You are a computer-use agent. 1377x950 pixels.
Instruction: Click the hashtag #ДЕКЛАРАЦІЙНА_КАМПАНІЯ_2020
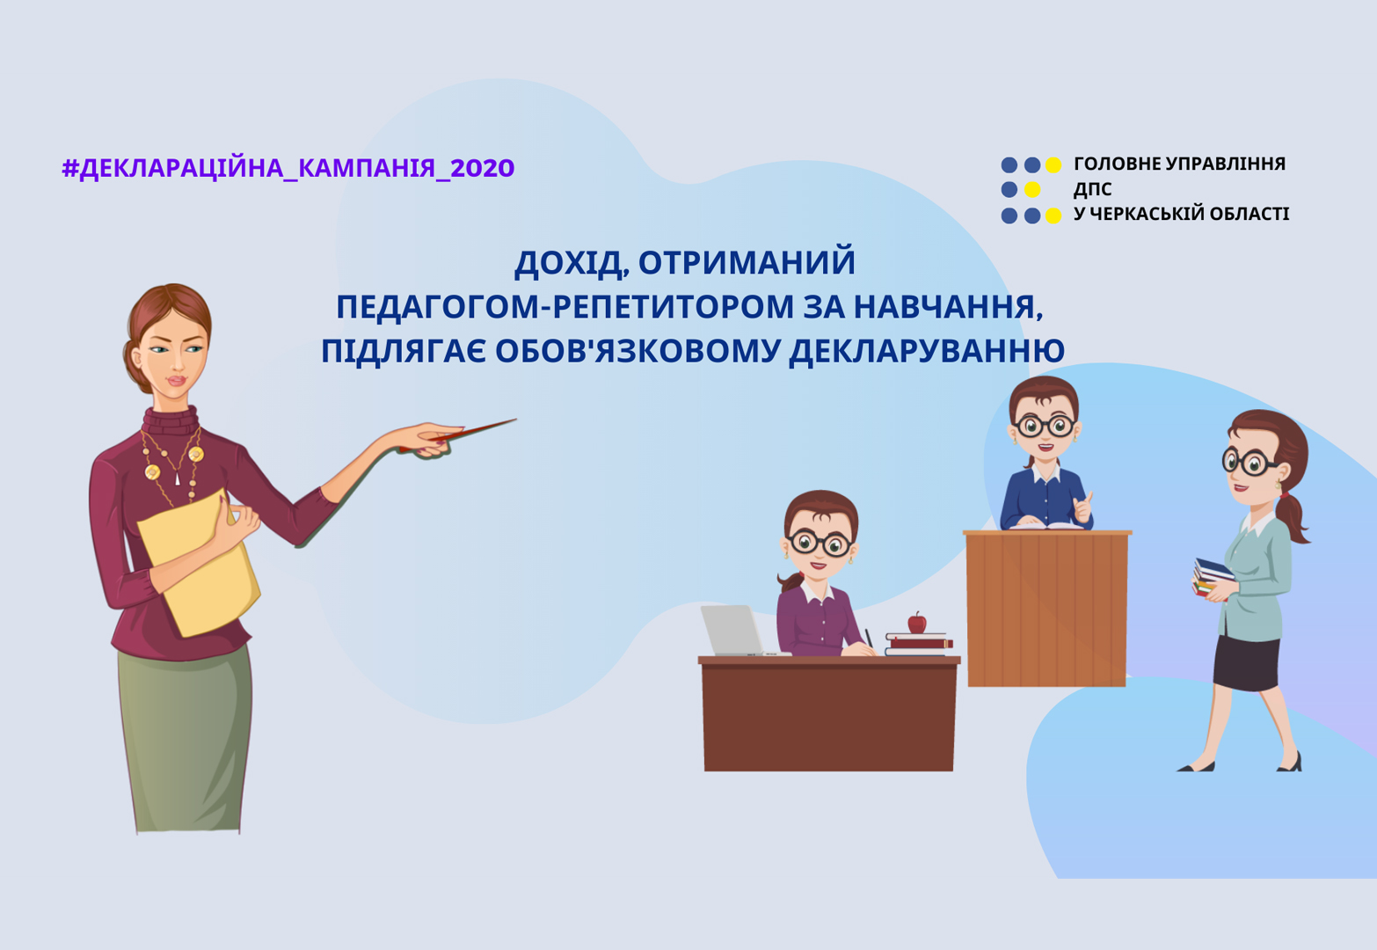[x=288, y=168]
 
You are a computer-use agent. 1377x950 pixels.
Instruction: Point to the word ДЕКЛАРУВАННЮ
[x=927, y=351]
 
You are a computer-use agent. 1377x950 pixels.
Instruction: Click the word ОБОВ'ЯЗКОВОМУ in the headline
[x=638, y=350]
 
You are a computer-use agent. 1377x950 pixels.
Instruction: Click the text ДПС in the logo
[x=1092, y=190]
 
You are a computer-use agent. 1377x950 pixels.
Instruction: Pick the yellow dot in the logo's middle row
[x=1032, y=189]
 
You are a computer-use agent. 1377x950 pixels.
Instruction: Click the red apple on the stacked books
[x=917, y=623]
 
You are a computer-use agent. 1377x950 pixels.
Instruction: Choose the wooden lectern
[x=1047, y=608]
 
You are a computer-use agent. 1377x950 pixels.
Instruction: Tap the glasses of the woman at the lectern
[x=1045, y=426]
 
